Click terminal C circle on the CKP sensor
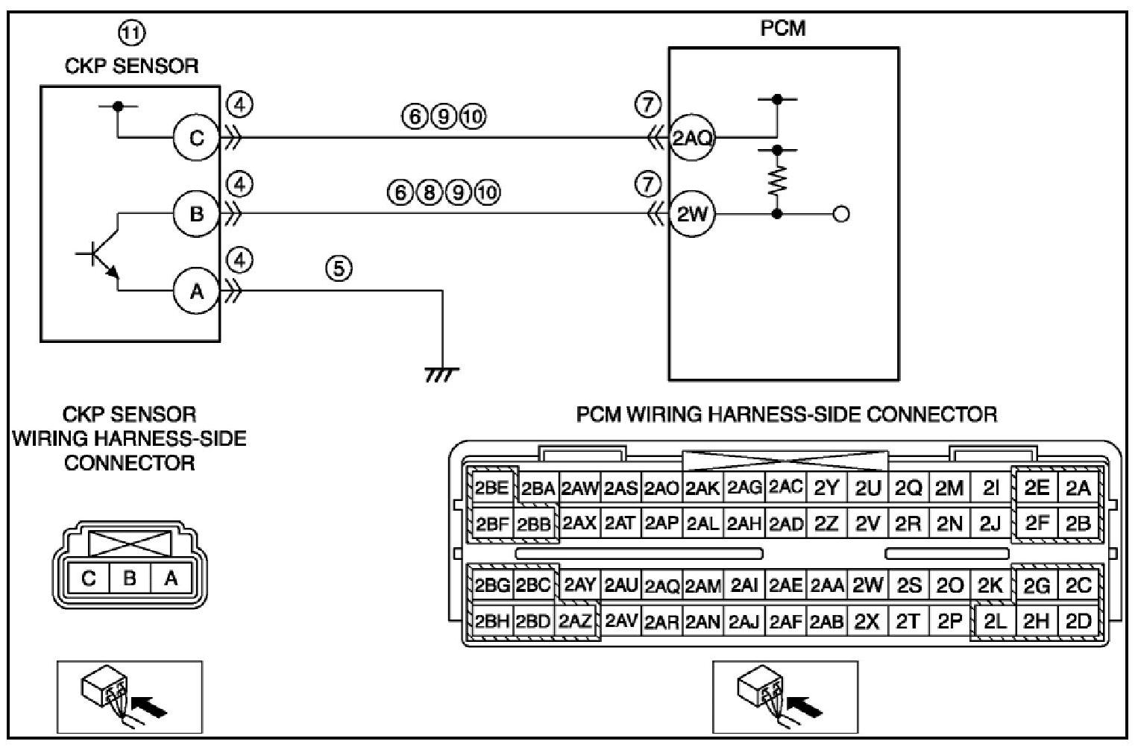pyautogui.click(x=196, y=138)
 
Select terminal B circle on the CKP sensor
pyautogui.click(x=196, y=215)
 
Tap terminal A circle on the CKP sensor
pyautogui.click(x=196, y=292)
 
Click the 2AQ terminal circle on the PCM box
pyautogui.click(x=692, y=138)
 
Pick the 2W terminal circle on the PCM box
pyautogui.click(x=692, y=215)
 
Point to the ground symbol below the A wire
pyautogui.click(x=441, y=374)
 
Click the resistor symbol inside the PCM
pyautogui.click(x=777, y=181)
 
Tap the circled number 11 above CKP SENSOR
pyautogui.click(x=132, y=32)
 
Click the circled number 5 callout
pyautogui.click(x=339, y=268)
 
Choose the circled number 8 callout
pyautogui.click(x=429, y=192)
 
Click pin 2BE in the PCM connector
pyautogui.click(x=491, y=488)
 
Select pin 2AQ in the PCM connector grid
pyautogui.click(x=661, y=586)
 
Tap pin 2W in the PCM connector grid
pyautogui.click(x=867, y=585)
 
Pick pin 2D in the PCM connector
pyautogui.click(x=1078, y=621)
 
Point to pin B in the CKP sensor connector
pyautogui.click(x=130, y=578)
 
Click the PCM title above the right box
pyautogui.click(x=782, y=28)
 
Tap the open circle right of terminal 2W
pyautogui.click(x=841, y=215)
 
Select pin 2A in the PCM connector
pyautogui.click(x=1078, y=488)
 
